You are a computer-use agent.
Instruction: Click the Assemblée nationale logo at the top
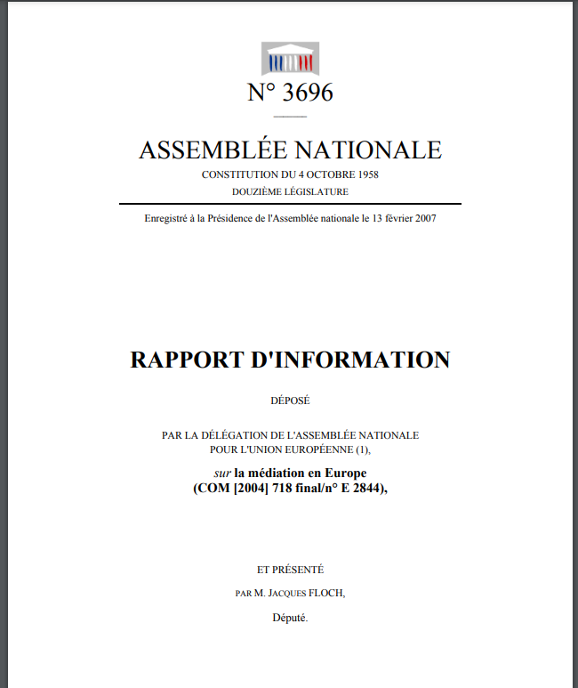coord(290,58)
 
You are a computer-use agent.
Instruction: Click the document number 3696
coord(304,92)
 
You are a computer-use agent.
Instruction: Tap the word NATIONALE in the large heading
coord(367,150)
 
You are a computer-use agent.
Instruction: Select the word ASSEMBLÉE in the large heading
coord(213,150)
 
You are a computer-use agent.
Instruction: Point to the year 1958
coord(366,174)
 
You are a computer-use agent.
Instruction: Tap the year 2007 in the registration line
coord(424,219)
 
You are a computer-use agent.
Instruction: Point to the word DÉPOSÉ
coord(290,401)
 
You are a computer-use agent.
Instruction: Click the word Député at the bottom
coord(289,617)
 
